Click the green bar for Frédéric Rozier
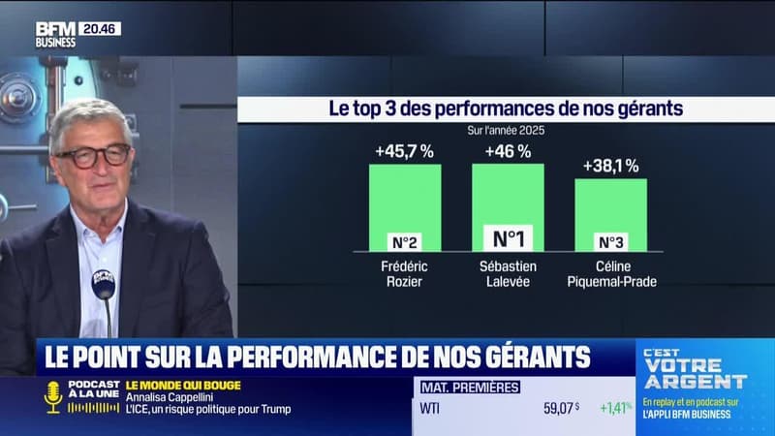click(405, 199)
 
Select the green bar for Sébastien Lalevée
click(508, 194)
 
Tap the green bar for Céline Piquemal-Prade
click(610, 205)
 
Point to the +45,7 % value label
click(405, 151)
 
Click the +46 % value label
click(508, 151)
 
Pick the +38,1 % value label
click(610, 166)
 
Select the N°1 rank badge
click(508, 238)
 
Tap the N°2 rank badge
click(405, 242)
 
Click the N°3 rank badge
click(610, 242)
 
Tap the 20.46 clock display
click(100, 29)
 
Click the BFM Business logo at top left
click(55, 35)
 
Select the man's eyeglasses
click(93, 156)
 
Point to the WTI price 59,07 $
click(561, 408)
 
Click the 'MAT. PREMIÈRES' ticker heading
click(470, 388)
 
